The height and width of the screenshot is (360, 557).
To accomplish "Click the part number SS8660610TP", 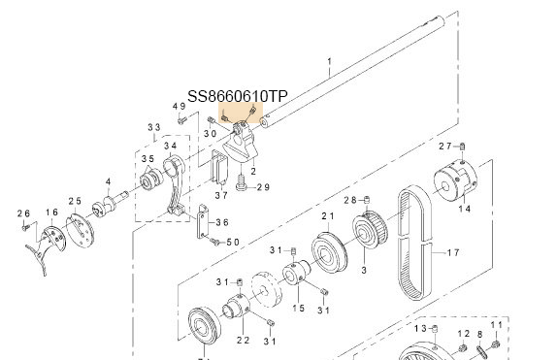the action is (238, 96).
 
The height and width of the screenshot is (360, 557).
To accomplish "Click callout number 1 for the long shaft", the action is (329, 62).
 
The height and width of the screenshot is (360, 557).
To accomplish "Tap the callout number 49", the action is (180, 107).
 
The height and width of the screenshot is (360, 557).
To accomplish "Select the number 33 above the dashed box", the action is (154, 127).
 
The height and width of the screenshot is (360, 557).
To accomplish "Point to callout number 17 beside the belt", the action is (453, 252).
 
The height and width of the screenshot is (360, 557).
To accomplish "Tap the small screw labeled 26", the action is (25, 227).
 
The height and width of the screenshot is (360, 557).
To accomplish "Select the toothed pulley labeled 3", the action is (370, 230).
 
